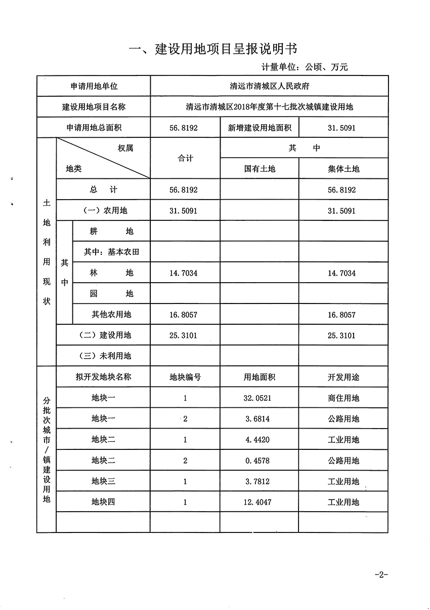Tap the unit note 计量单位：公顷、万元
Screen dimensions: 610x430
click(305, 67)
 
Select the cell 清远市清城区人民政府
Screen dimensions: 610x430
click(269, 87)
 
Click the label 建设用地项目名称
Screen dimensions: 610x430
click(94, 107)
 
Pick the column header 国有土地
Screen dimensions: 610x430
click(260, 169)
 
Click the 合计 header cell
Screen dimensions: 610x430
click(185, 159)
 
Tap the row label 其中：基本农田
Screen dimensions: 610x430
click(112, 252)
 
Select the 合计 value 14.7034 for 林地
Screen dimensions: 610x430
click(185, 273)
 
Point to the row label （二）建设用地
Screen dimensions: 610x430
click(103, 335)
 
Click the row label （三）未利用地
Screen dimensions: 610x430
click(103, 356)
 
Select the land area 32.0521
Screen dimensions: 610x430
click(260, 398)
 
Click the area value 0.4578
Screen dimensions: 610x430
click(260, 461)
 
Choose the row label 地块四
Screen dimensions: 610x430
click(103, 503)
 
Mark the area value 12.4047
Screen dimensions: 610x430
click(260, 503)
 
